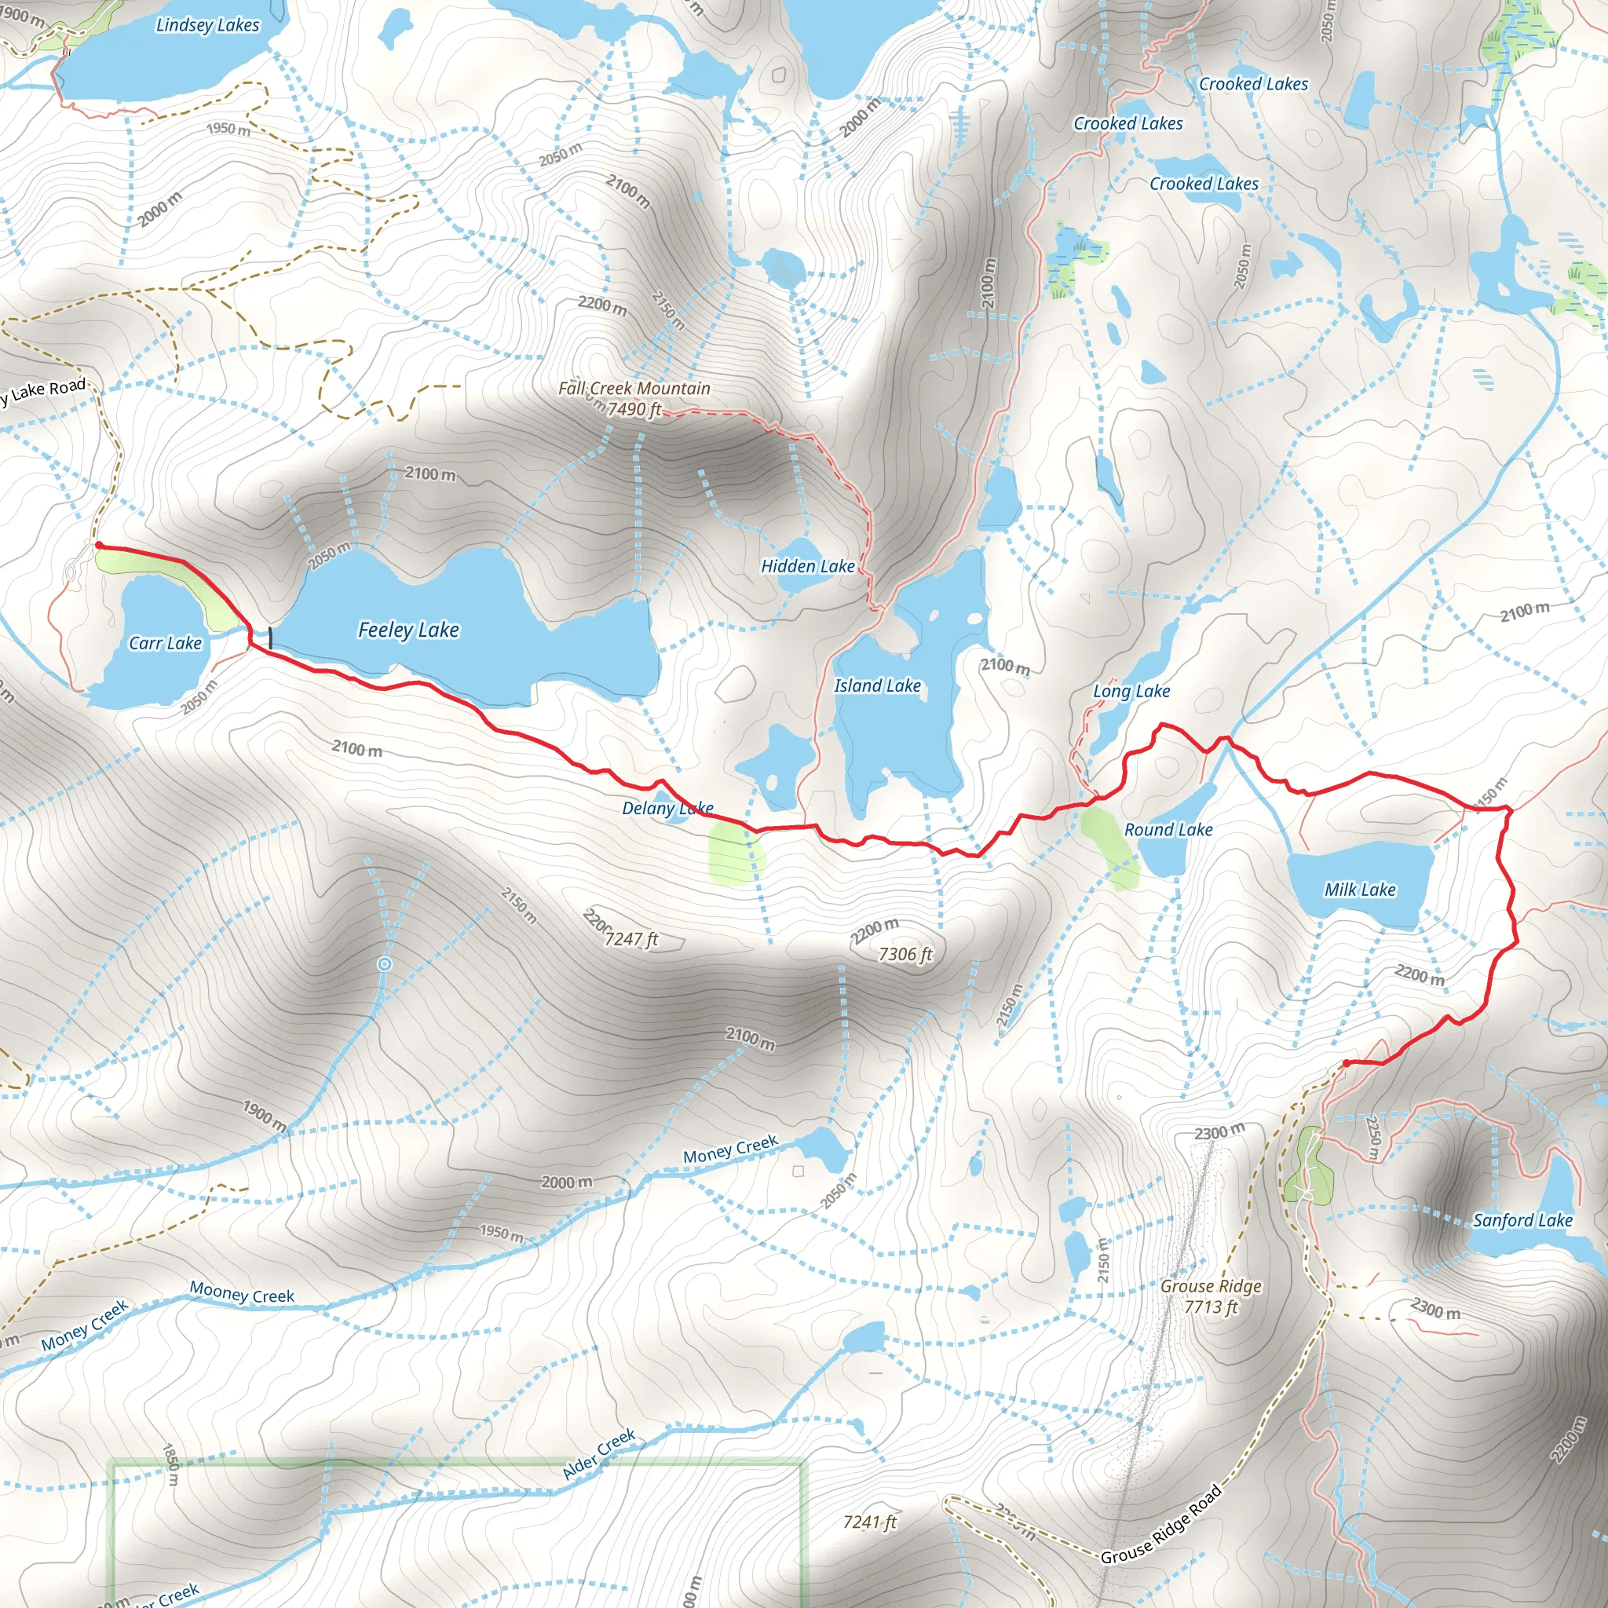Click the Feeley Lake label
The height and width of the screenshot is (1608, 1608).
tap(407, 630)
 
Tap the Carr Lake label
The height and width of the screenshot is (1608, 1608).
tap(165, 643)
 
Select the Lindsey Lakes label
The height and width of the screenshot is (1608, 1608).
tap(207, 25)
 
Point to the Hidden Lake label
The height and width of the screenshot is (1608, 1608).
tap(807, 566)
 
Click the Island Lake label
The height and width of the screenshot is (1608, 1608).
tap(877, 685)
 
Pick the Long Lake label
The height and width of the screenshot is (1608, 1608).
tap(1131, 692)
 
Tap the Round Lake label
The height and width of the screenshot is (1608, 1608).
tap(1168, 830)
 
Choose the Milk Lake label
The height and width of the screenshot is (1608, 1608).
tap(1360, 890)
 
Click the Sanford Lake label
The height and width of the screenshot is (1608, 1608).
tap(1522, 1220)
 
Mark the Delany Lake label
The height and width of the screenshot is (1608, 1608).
tap(667, 808)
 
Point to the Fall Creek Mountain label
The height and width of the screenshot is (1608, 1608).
tap(634, 389)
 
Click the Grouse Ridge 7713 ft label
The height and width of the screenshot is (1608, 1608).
tap(1211, 1296)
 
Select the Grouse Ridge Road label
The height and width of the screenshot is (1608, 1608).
tap(1161, 1524)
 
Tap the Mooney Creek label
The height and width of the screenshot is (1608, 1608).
tap(241, 1292)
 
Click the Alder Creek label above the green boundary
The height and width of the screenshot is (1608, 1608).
tap(598, 1454)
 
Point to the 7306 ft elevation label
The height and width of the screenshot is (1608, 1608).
tap(905, 955)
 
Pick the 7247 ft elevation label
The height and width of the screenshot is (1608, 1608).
tap(631, 940)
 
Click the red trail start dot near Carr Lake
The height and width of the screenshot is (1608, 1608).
tap(99, 545)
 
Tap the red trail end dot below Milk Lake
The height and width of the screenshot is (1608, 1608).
tap(1346, 1063)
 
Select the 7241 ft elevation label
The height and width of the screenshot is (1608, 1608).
tap(870, 1522)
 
